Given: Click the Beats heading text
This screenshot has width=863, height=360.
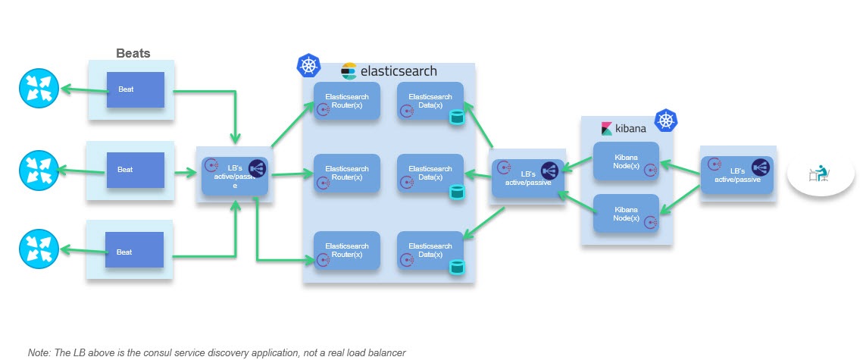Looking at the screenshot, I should [x=133, y=53].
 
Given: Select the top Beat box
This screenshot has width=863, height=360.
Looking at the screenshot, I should [x=135, y=89].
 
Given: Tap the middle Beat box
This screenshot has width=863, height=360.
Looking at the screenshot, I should [x=135, y=170].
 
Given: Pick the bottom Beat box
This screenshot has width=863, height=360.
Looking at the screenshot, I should [x=135, y=252].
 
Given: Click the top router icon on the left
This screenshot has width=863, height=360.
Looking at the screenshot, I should [x=38, y=89].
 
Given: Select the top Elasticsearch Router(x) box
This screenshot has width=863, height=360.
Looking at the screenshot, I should [x=346, y=102].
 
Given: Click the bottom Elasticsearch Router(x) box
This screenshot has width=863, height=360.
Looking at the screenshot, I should [x=346, y=251].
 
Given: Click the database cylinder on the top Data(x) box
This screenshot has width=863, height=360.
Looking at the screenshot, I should [x=456, y=117].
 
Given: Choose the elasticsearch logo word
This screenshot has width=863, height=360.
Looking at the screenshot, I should [x=399, y=71].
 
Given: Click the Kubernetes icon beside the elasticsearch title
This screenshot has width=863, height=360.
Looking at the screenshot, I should [x=308, y=66].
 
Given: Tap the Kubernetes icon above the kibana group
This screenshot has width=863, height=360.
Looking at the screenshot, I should [x=665, y=120].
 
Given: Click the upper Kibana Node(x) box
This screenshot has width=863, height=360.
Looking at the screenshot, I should [x=626, y=161].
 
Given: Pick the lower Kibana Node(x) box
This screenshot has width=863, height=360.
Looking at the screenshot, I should [x=626, y=214].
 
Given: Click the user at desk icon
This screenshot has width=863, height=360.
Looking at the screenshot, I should [x=819, y=175].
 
